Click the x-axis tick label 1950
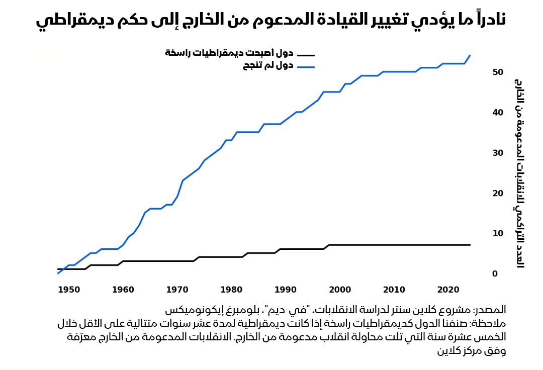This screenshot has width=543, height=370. click(x=69, y=290)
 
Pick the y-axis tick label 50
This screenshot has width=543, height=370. click(x=498, y=72)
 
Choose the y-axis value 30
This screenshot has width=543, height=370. click(x=498, y=153)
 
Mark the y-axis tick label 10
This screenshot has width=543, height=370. click(x=498, y=233)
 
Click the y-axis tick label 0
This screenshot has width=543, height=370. click(x=495, y=273)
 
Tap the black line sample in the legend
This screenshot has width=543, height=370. click(x=305, y=55)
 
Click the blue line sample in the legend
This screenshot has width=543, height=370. click(x=305, y=66)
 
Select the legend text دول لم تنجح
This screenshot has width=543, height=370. click(x=269, y=66)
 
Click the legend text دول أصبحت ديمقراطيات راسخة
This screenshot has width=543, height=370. click(x=229, y=53)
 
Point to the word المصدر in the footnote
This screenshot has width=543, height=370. click(x=490, y=309)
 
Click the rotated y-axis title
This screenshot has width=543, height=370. click(x=519, y=173)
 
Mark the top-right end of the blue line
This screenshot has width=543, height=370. click(x=470, y=55)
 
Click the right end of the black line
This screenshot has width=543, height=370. click(x=470, y=245)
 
